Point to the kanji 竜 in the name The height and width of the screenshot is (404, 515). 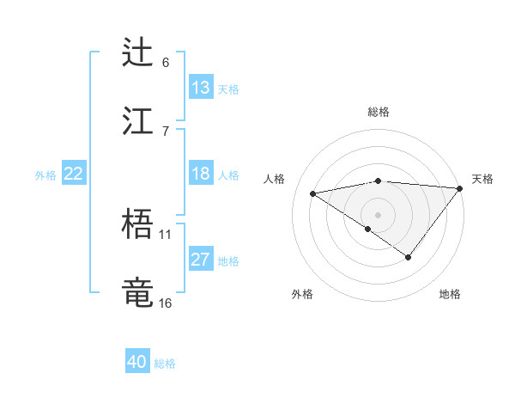tap(138, 291)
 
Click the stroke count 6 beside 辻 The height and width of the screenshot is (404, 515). tap(166, 62)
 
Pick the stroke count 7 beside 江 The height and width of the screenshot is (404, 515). tap(166, 131)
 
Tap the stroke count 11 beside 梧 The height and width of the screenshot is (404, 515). tap(166, 234)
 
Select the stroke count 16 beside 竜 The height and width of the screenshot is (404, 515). tap(166, 303)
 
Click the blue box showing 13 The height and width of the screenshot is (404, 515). tap(200, 88)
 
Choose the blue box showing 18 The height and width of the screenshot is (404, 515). tap(200, 174)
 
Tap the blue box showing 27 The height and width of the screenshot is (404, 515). tap(200, 260)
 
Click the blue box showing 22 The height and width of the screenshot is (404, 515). tap(73, 174)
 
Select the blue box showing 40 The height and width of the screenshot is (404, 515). tap(137, 363)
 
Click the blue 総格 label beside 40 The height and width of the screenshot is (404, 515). tap(165, 364)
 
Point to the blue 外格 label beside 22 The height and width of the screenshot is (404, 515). tap(45, 174)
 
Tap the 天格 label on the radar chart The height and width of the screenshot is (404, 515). tap(482, 179)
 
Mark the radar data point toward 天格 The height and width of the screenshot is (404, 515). tap(461, 188)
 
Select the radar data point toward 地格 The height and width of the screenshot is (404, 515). tap(409, 257)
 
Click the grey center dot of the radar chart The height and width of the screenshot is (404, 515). tap(378, 214)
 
